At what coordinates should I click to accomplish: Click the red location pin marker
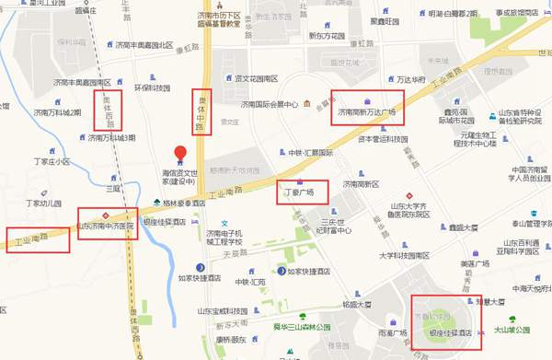click(180, 153)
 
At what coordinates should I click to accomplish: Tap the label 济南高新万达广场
click(366, 112)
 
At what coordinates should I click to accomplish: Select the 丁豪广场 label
click(299, 192)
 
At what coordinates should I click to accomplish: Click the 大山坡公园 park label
click(512, 329)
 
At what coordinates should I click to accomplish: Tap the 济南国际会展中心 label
click(266, 104)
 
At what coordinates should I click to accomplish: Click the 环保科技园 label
click(152, 88)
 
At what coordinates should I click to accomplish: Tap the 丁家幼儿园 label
click(43, 203)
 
